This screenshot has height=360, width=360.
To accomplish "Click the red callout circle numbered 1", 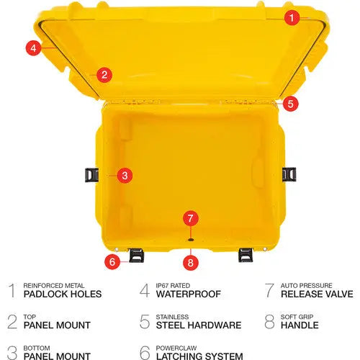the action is [x=292, y=17].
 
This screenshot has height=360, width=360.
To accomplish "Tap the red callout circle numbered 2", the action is [x=104, y=75].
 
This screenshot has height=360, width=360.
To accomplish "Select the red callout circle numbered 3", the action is [x=125, y=176].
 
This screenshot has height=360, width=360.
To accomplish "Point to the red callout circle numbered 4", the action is [x=33, y=48].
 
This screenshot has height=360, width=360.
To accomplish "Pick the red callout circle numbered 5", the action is [x=291, y=104].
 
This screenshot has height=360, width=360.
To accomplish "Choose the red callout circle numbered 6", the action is [x=112, y=261].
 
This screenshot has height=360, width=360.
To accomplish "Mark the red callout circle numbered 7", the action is [x=191, y=218].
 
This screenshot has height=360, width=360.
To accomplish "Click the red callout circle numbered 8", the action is [x=191, y=263].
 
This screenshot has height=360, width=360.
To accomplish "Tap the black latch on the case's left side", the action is [x=91, y=175].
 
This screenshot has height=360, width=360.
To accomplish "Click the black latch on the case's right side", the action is [x=289, y=174].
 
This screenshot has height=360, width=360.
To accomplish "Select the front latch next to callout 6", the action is [x=137, y=255].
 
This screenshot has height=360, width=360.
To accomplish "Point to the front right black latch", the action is [x=246, y=255].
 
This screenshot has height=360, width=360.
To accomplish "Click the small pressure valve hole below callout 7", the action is [x=191, y=240].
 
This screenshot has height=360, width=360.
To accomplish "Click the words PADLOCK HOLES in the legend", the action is [x=63, y=294].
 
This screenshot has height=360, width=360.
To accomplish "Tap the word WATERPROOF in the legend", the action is [x=189, y=294].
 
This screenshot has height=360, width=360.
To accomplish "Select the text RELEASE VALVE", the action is [x=317, y=294].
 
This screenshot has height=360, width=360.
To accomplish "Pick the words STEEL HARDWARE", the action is [x=199, y=325].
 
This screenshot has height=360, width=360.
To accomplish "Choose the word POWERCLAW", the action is [x=176, y=348].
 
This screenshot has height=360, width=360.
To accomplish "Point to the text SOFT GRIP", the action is [x=297, y=317].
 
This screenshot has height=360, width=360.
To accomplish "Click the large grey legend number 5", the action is [x=145, y=322].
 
